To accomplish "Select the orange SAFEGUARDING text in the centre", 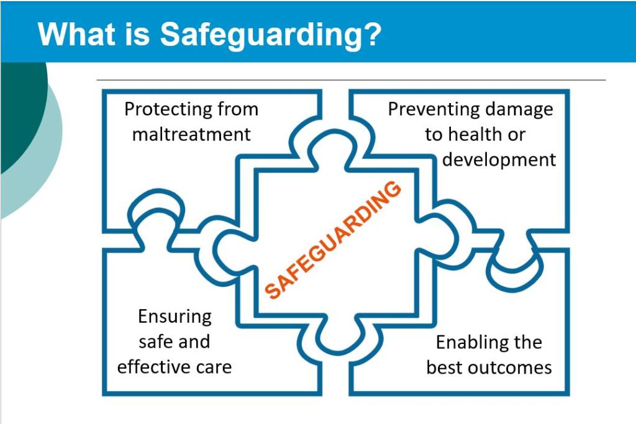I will click(334, 240).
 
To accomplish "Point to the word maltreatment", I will click(191, 134).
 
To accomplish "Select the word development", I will click(499, 160).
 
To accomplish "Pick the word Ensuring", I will click(175, 317).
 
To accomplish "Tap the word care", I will click(214, 366).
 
